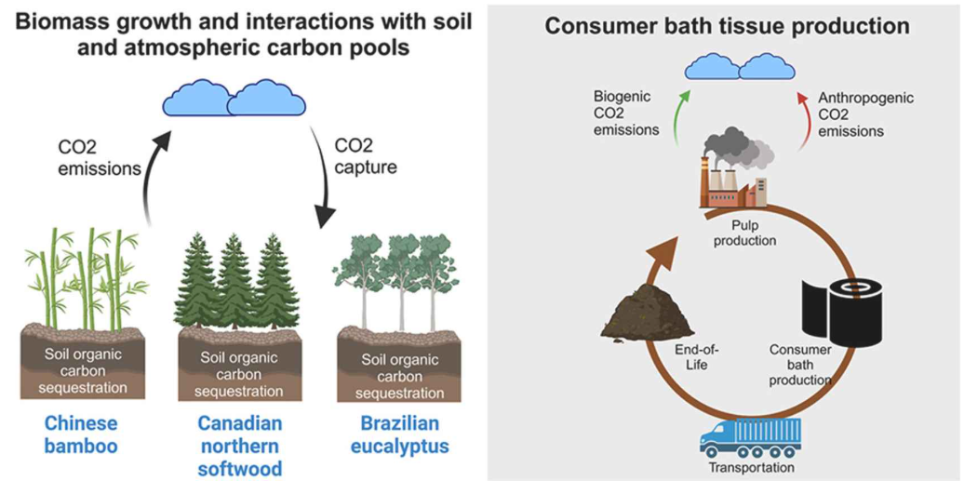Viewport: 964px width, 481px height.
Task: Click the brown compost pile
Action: [651, 308]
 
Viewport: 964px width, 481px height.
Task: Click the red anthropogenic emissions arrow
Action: [801, 110]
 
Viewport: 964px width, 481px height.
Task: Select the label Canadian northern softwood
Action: [240, 445]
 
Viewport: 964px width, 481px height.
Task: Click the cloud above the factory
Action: [739, 66]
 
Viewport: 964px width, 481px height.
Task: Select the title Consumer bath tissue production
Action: [727, 25]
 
